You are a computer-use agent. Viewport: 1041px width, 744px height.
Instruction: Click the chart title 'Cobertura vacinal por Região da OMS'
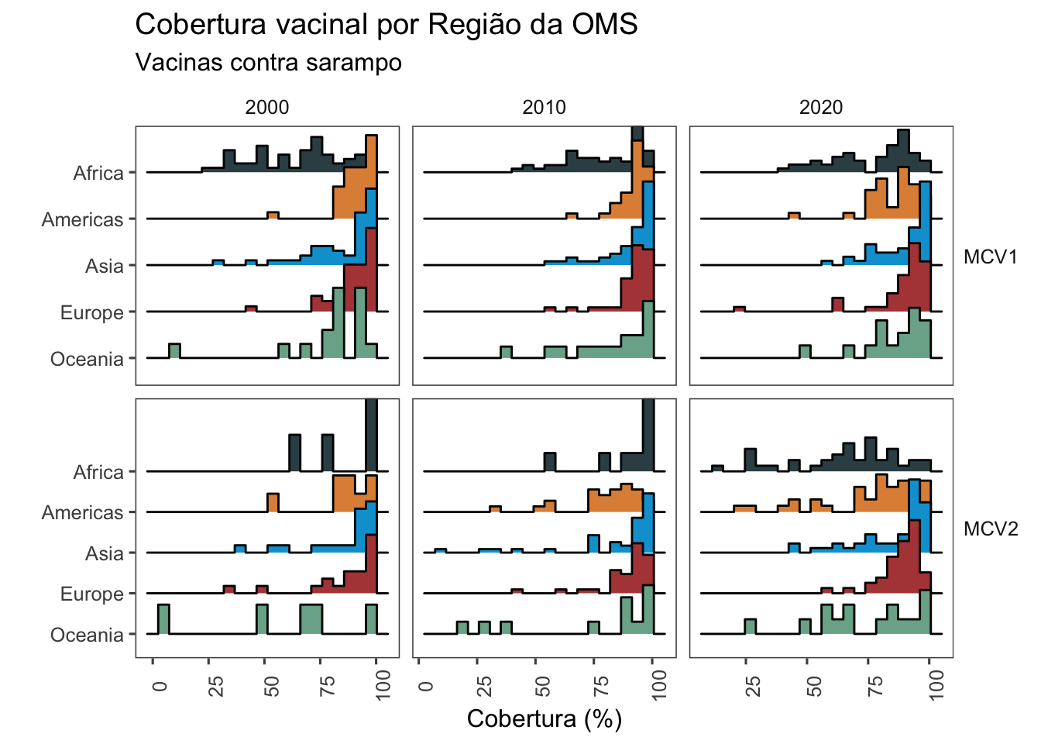tap(386, 25)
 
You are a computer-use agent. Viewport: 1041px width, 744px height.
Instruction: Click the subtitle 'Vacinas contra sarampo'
tap(268, 62)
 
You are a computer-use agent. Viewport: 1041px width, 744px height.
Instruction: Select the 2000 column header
tap(266, 107)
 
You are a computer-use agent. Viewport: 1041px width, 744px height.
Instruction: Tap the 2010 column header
tap(544, 107)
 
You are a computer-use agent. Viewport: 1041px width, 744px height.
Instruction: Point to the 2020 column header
tap(821, 107)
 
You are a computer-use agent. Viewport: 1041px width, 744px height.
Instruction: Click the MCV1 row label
tap(990, 257)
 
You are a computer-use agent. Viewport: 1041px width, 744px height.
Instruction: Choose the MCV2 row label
tap(990, 529)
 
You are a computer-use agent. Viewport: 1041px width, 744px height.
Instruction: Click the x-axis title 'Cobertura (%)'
tap(544, 718)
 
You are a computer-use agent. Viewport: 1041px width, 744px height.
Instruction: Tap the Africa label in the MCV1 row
tap(98, 173)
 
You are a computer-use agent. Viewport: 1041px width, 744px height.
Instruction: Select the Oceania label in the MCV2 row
tap(87, 635)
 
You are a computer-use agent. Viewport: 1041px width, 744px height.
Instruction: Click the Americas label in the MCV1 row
tap(82, 219)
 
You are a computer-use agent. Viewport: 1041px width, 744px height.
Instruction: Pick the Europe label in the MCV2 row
tap(91, 594)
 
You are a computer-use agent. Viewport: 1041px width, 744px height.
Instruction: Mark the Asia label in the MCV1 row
tap(105, 266)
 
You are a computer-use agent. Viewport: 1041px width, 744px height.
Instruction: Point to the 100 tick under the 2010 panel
tap(659, 685)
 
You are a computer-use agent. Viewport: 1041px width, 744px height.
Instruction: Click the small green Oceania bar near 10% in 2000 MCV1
tap(174, 351)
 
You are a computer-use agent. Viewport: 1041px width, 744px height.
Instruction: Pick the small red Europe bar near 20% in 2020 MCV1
tap(739, 309)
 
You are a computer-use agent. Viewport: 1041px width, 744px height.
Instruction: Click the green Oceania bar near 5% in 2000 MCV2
tap(163, 619)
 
